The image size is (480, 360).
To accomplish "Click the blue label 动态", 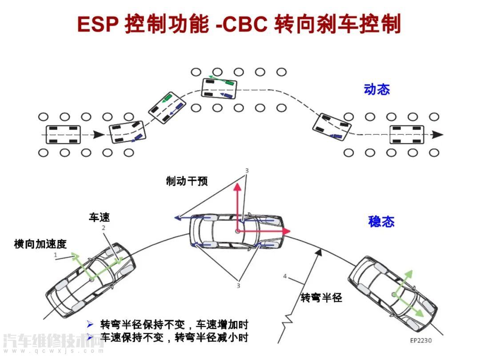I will coord(376,89).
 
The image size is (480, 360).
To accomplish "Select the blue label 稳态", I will coord(381,221).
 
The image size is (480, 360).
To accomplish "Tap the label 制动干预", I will coord(187,181).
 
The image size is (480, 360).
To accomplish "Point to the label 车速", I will coord(99,217).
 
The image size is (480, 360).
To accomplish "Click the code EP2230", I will coord(420,340).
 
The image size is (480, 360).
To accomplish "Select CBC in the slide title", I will coord(244,24).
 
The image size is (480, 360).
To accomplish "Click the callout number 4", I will coord(285,276).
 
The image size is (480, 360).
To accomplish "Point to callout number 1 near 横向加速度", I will coord(56,255).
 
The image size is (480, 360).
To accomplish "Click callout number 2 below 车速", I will coord(104,228).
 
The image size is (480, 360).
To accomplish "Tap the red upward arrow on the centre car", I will coord(238,187).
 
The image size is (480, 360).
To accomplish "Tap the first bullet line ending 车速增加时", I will coord(173,324).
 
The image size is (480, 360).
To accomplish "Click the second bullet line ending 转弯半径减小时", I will coord(173,337).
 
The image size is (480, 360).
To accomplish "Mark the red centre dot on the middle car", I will coord(238,231).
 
